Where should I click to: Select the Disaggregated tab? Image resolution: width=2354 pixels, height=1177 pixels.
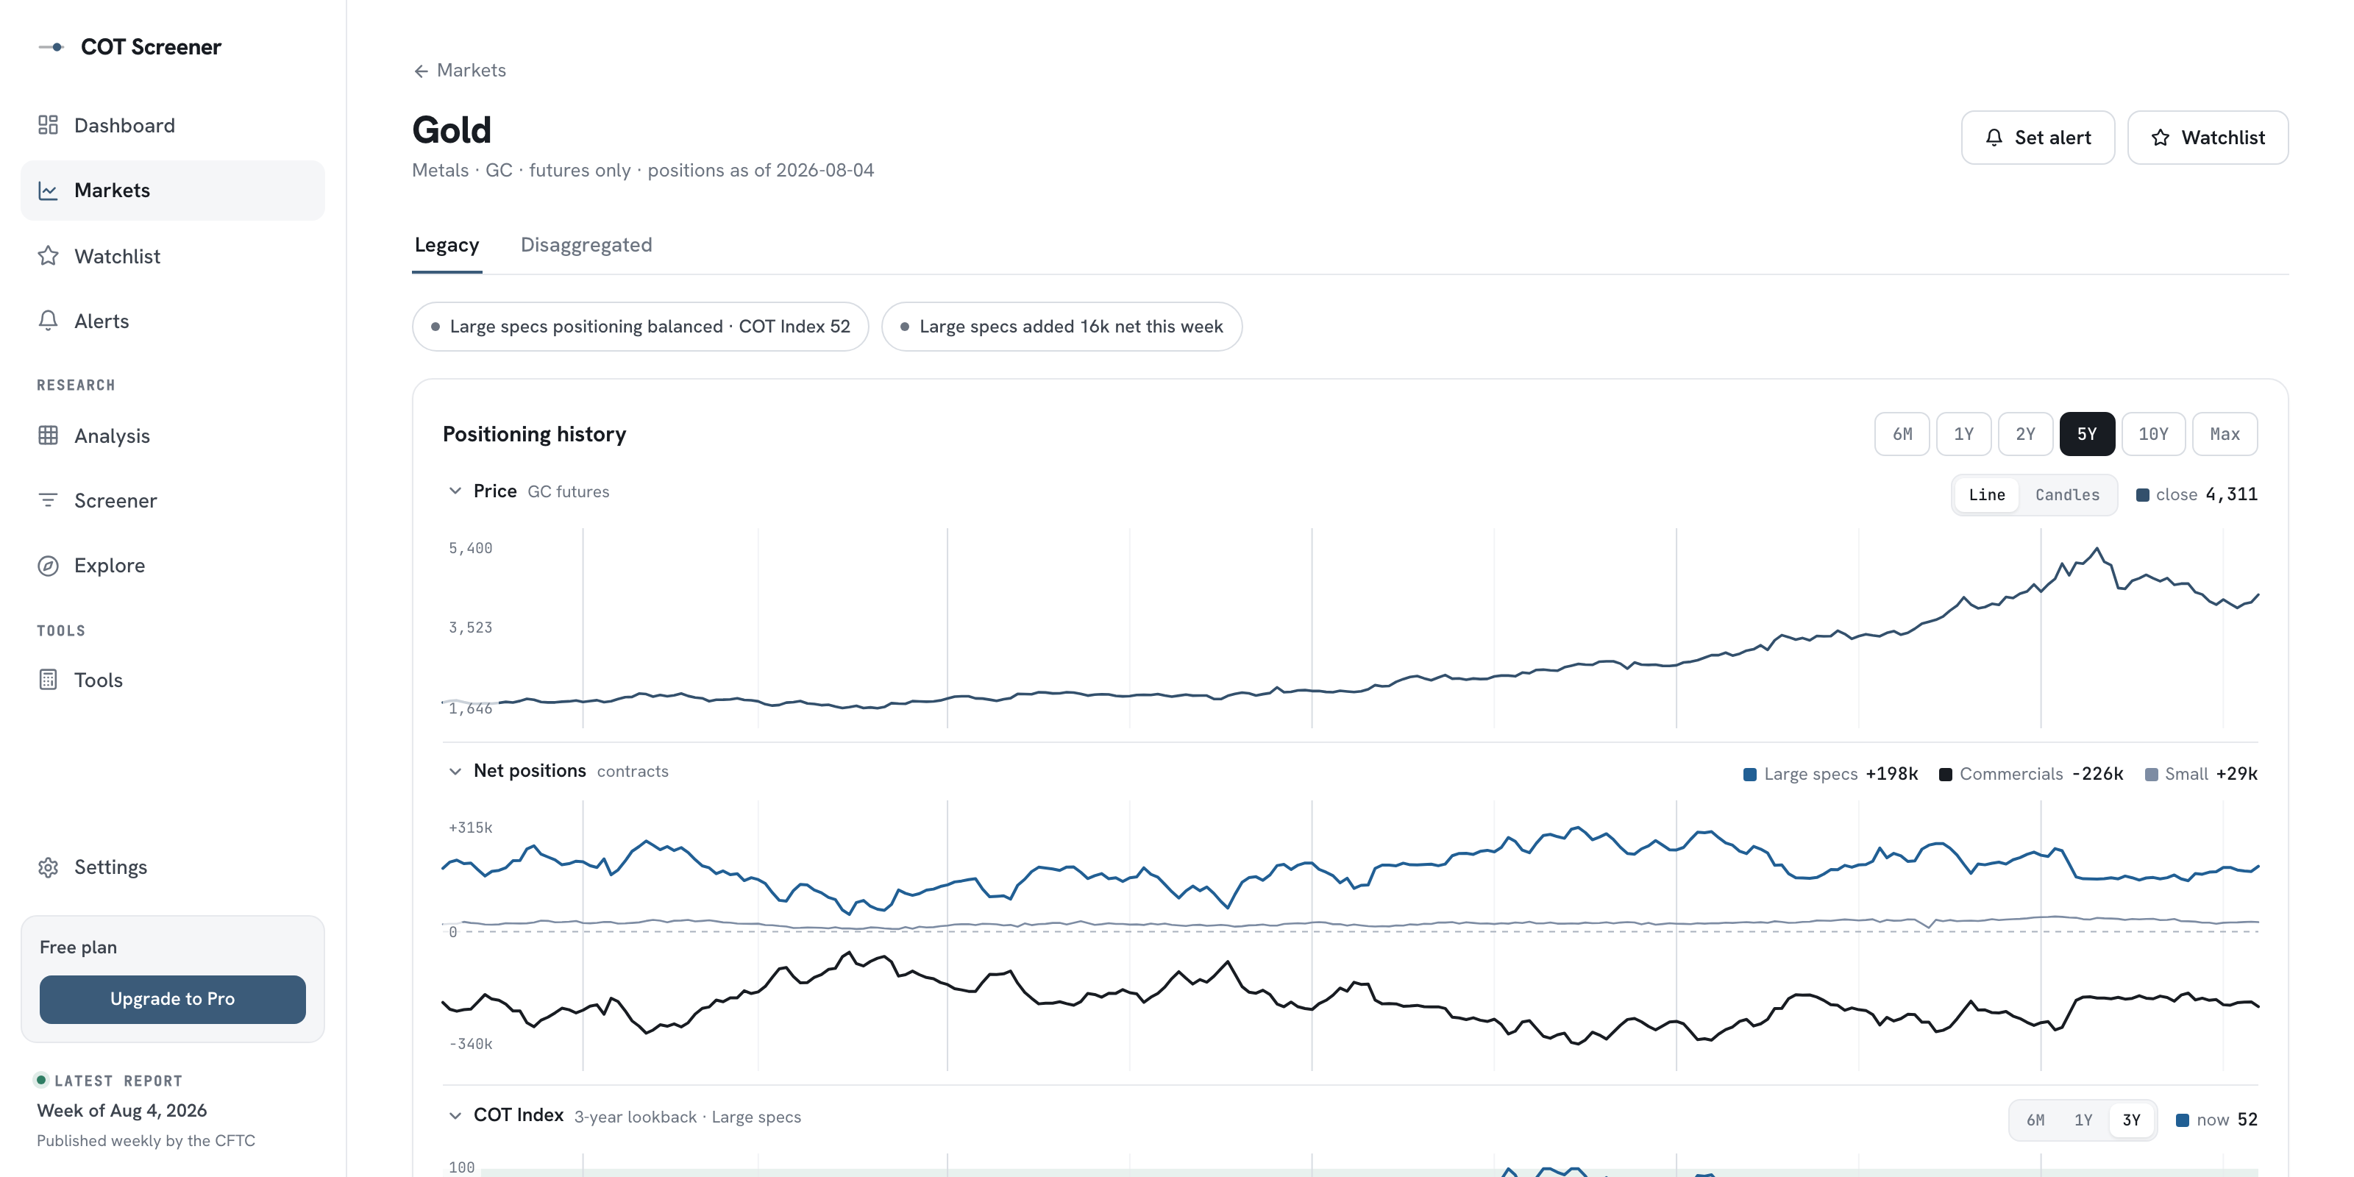(x=586, y=245)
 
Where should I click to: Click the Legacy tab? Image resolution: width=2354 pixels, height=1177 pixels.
(x=447, y=245)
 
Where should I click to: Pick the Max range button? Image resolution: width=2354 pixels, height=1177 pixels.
(x=2225, y=434)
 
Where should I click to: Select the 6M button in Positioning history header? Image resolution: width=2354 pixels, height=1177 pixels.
(x=1902, y=434)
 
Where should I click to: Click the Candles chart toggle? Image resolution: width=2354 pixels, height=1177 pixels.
(x=2067, y=494)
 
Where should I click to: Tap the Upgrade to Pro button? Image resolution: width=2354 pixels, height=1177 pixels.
(x=173, y=999)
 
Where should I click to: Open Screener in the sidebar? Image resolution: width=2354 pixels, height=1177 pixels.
(x=115, y=501)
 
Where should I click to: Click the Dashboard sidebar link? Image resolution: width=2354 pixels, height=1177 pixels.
(x=124, y=125)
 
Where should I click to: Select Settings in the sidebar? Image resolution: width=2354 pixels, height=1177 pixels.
(x=110, y=867)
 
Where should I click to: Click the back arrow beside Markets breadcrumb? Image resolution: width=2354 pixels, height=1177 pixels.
(x=422, y=71)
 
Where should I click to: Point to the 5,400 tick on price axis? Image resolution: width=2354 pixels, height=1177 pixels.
(x=470, y=548)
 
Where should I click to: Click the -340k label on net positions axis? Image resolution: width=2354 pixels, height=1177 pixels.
(x=470, y=1044)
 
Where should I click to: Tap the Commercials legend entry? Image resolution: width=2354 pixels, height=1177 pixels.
(x=2030, y=774)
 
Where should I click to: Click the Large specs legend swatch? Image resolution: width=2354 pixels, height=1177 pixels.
(x=1750, y=775)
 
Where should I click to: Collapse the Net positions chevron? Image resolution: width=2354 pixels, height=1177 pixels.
(x=455, y=771)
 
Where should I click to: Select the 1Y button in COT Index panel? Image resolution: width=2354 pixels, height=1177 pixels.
(x=2083, y=1120)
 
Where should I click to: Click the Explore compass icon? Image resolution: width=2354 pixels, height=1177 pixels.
(x=49, y=566)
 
